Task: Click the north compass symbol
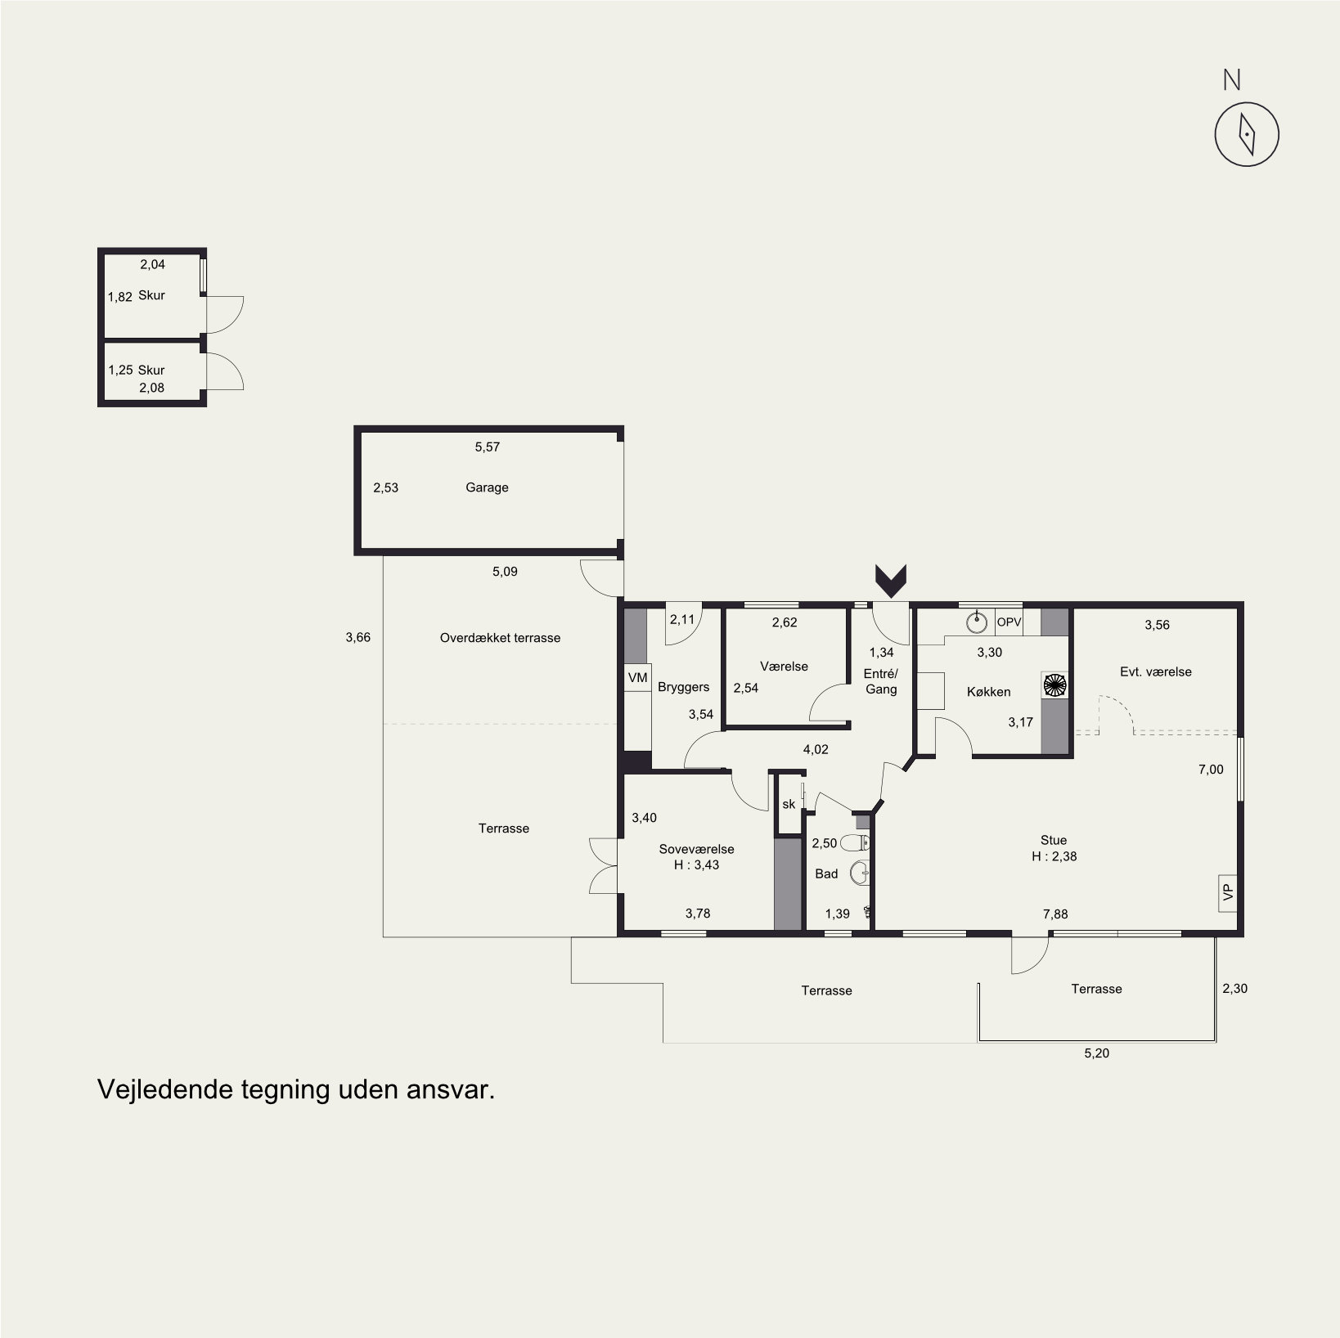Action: coord(1246,134)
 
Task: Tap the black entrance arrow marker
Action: coord(891,579)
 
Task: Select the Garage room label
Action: coord(487,487)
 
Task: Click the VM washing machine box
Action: coord(637,678)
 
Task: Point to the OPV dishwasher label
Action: coord(1009,622)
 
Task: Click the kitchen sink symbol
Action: coord(976,622)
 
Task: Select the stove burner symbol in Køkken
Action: coord(1054,685)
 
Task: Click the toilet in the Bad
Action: coord(855,843)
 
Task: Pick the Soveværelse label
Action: coord(696,850)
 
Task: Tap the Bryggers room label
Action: coord(683,688)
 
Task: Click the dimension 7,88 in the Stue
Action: coord(1055,914)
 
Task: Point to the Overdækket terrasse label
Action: coord(500,638)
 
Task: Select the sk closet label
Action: coord(789,804)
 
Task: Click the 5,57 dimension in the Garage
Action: coord(487,447)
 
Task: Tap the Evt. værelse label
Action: coord(1155,672)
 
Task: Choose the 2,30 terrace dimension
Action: coord(1234,989)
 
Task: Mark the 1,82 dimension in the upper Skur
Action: coord(120,297)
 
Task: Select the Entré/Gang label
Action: coord(881,681)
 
